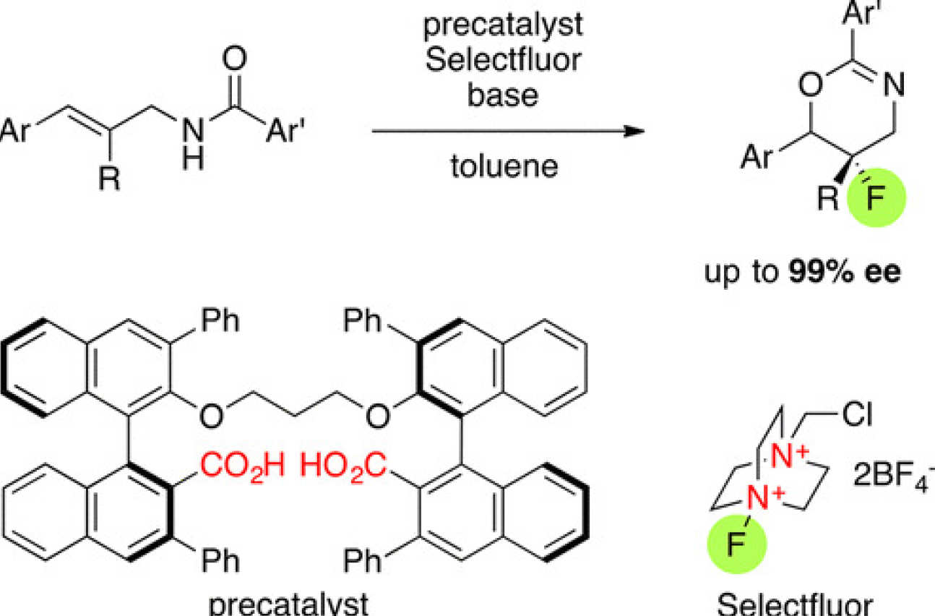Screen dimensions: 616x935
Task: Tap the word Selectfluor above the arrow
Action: click(503, 61)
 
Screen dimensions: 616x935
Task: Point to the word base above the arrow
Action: click(503, 94)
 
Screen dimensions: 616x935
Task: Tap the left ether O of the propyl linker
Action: click(211, 416)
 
